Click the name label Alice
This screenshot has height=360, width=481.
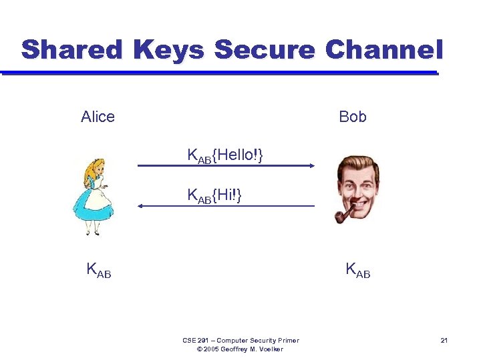[x=98, y=117]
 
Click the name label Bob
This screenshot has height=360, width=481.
[x=352, y=117]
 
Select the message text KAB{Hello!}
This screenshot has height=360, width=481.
[x=225, y=156]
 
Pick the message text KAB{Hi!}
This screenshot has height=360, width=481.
[x=214, y=196]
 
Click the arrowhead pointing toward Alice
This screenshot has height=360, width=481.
[x=142, y=206]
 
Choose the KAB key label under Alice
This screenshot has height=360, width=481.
[x=98, y=270]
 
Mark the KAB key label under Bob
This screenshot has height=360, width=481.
[x=357, y=270]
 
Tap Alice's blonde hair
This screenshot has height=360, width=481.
[x=88, y=175]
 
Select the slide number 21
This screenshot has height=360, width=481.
[x=444, y=341]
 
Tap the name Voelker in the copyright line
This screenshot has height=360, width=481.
[x=268, y=349]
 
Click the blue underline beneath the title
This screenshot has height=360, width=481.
[x=220, y=72]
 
